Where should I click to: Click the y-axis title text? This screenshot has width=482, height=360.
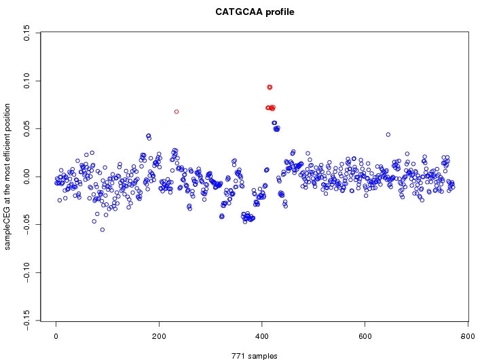tap(8, 177)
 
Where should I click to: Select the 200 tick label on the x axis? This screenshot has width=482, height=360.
tap(159, 336)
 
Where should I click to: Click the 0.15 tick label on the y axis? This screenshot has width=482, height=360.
tap(27, 33)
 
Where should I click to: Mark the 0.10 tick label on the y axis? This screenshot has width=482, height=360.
tap(27, 81)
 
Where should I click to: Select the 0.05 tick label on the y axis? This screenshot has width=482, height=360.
tap(27, 128)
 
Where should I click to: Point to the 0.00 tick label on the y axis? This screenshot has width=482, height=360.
tap(27, 177)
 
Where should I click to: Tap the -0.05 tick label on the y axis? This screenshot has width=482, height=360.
tap(27, 225)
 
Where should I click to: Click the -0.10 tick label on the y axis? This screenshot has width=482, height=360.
tap(27, 272)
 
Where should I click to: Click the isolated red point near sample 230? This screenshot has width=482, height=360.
tap(177, 111)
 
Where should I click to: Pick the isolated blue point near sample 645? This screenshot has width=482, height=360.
tap(388, 134)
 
